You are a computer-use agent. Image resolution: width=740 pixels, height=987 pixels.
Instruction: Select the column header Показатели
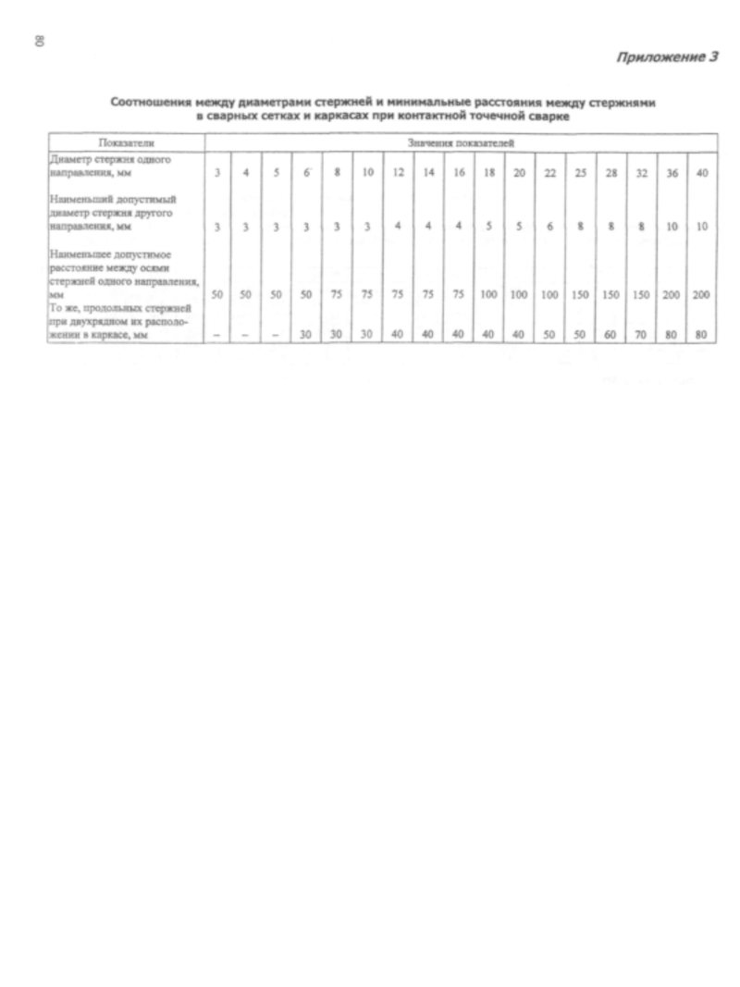click(126, 143)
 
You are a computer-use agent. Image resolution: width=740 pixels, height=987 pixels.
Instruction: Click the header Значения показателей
click(460, 143)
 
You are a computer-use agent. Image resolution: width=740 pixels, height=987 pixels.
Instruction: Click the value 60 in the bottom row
click(610, 334)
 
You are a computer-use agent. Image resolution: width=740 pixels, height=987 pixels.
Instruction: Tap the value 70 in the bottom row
click(641, 334)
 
